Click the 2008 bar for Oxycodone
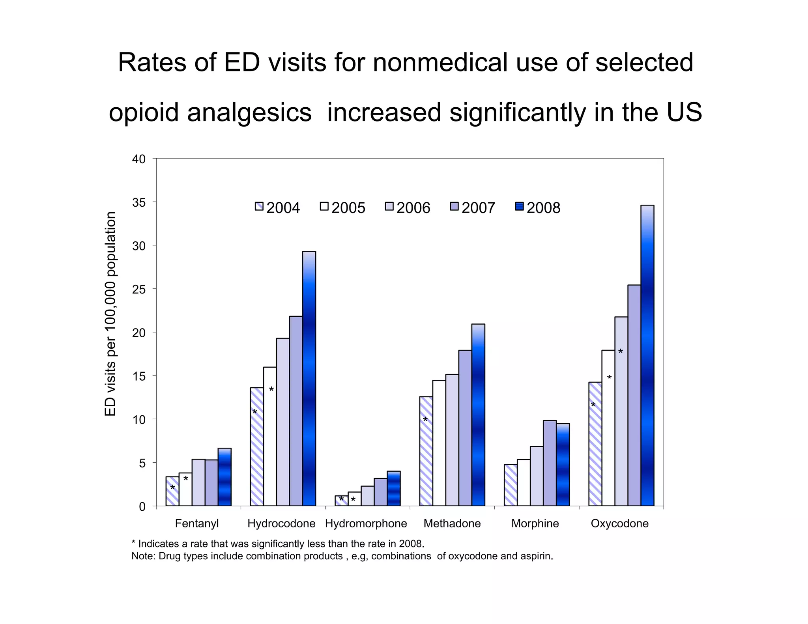(647, 355)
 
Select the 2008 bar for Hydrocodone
(309, 379)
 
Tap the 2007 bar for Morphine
(550, 463)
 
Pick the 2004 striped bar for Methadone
(426, 451)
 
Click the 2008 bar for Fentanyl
(224, 477)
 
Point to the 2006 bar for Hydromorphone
(367, 496)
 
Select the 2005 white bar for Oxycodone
(608, 428)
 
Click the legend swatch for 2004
(259, 206)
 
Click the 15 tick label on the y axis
(139, 376)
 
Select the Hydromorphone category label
(366, 523)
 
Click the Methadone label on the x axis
(452, 523)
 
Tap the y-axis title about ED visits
(110, 314)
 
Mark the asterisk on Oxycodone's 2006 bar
(620, 352)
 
